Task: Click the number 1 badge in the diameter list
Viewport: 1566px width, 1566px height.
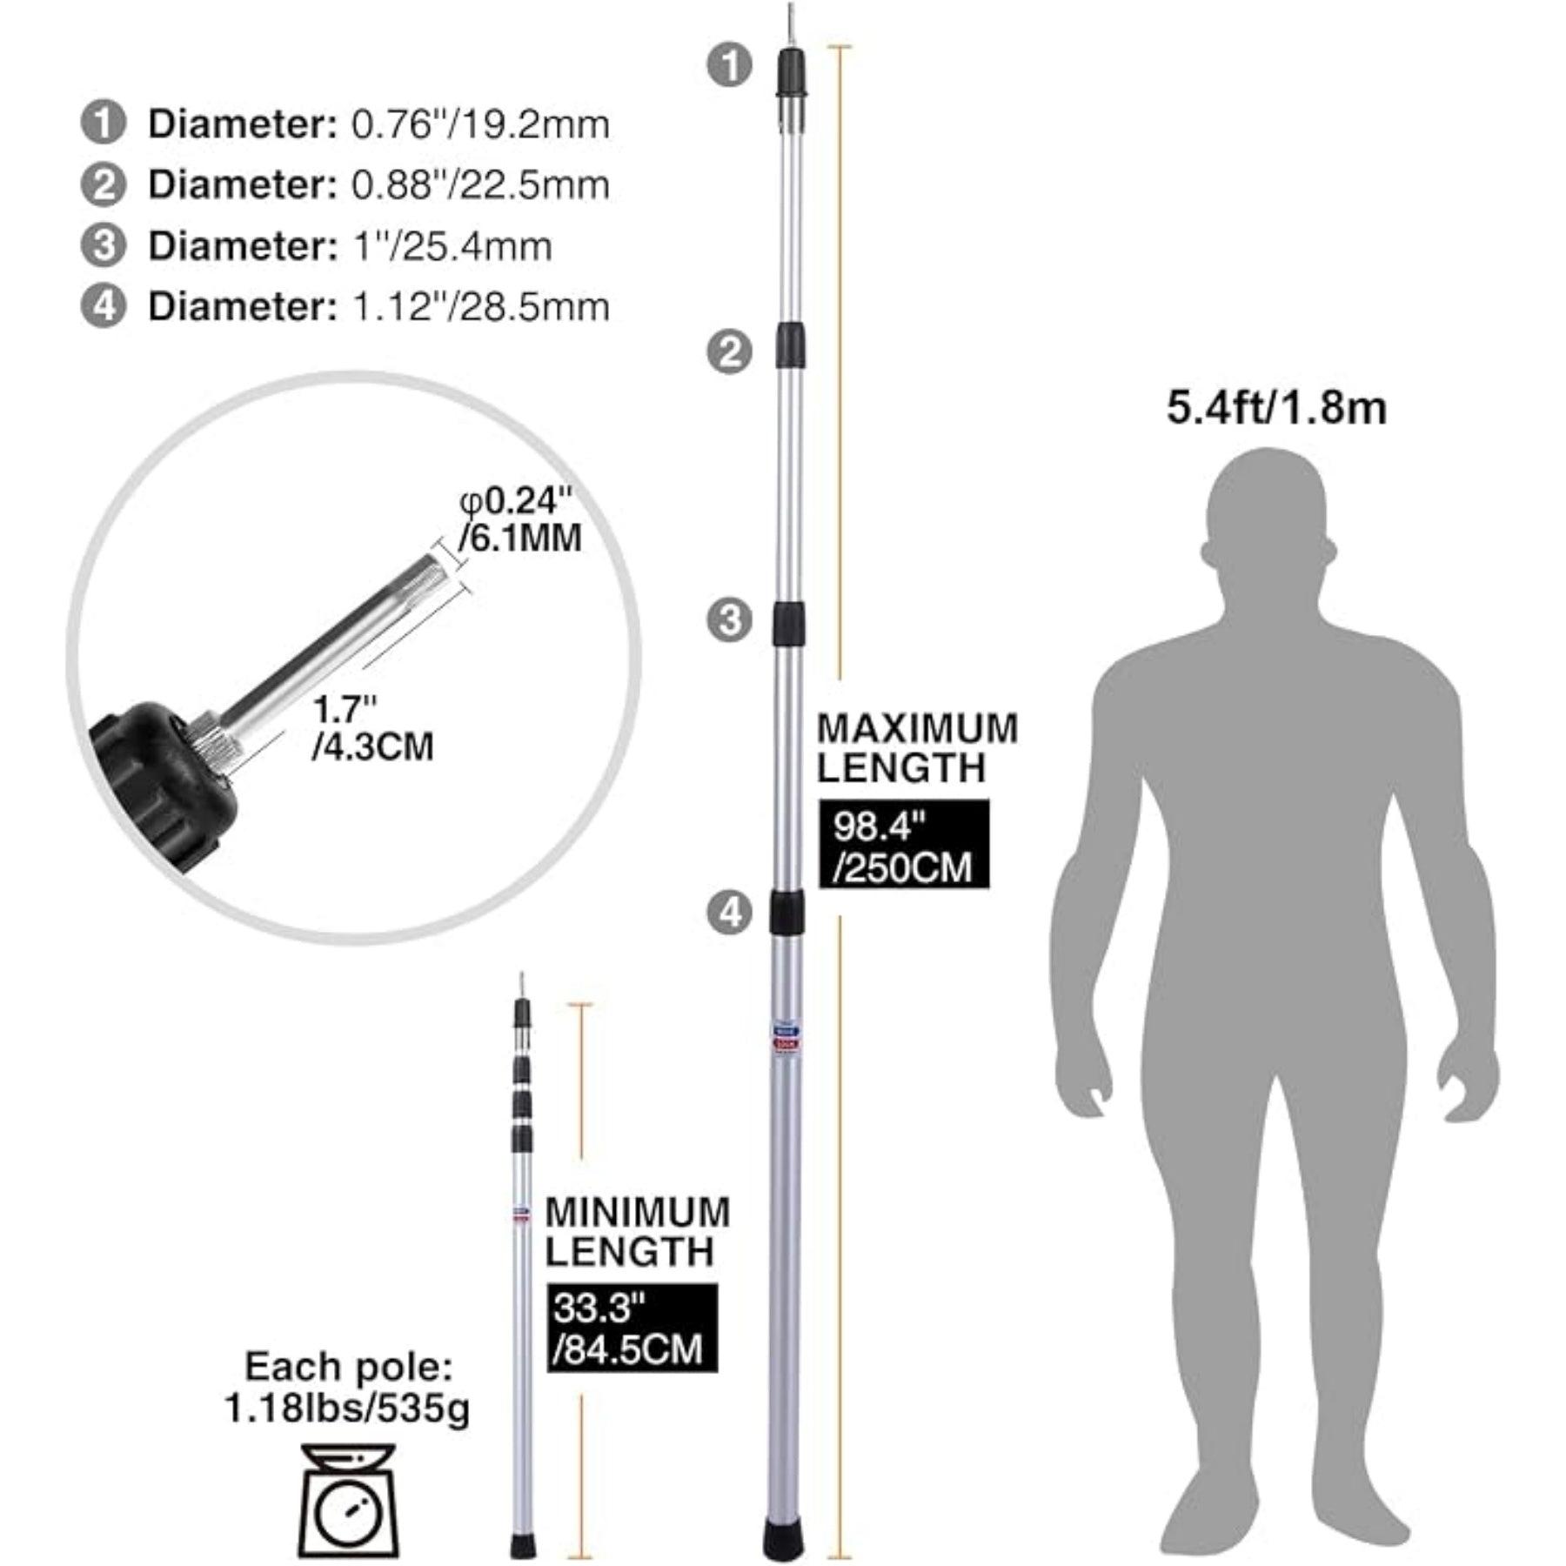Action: pos(104,124)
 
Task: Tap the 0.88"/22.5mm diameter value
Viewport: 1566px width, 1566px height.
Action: pos(480,184)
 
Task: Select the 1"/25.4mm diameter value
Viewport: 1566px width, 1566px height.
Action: pos(452,246)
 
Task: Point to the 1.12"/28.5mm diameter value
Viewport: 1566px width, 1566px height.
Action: pos(481,306)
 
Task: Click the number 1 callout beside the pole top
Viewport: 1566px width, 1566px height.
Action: pos(729,65)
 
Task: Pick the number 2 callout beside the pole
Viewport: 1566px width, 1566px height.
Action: pos(729,351)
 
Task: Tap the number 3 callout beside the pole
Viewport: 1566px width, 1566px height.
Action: pos(729,619)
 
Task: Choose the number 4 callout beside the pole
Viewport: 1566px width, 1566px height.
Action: pos(729,913)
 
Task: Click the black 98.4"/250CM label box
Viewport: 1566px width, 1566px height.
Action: pos(904,844)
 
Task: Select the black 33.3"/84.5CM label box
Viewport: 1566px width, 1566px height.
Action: pos(632,1328)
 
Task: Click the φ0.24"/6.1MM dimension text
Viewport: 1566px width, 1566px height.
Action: pos(520,520)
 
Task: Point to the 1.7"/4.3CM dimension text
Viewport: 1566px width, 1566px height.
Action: pos(372,728)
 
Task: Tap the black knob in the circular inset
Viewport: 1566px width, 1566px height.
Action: pos(164,783)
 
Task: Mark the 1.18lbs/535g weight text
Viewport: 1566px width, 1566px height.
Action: pos(347,1409)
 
